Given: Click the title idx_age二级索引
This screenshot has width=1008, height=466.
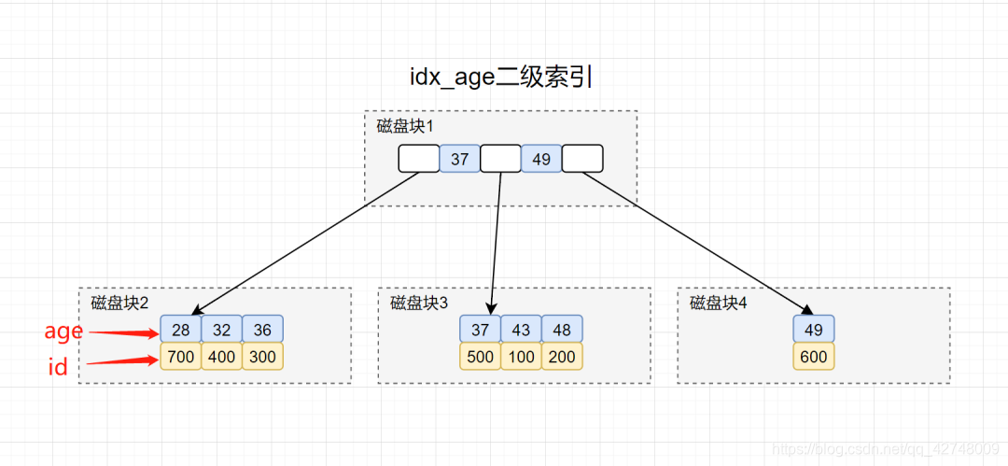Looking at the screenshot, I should tap(502, 78).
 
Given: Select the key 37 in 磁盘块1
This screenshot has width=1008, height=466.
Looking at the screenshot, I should tap(459, 159).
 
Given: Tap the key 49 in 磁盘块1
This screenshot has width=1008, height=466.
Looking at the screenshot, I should tap(541, 159).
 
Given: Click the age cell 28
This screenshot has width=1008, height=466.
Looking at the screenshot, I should tap(181, 329).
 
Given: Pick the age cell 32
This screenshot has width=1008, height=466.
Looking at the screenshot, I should tap(221, 329).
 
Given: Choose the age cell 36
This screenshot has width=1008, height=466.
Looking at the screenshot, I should tap(263, 329).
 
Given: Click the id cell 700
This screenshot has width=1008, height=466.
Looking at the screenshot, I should tap(181, 357).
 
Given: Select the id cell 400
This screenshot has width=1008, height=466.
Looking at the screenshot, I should tap(221, 357).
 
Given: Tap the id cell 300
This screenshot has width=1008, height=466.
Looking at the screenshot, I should tap(263, 357).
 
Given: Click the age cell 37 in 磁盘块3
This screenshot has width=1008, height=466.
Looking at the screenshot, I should tap(480, 329).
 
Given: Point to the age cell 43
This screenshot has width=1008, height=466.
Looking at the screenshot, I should tap(521, 329).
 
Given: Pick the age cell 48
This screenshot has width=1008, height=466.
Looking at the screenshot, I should tap(562, 329).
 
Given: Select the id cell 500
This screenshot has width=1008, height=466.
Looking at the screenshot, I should tap(480, 357).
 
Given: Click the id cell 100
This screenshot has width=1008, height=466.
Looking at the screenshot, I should tap(521, 357).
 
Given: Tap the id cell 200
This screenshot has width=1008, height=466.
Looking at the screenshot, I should tap(562, 357).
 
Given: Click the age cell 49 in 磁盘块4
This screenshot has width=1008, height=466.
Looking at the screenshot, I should tap(814, 329).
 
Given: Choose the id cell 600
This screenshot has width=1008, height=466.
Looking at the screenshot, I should tap(814, 357).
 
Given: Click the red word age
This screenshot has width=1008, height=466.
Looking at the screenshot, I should tap(63, 332).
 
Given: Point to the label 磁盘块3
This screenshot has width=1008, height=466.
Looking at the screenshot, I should tap(419, 303).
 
